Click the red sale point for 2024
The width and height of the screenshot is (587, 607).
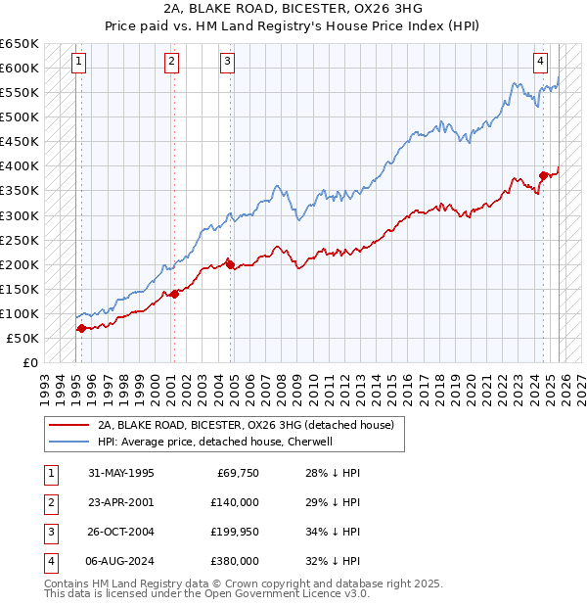pyautogui.click(x=543, y=176)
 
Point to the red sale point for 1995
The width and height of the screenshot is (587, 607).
pyautogui.click(x=81, y=328)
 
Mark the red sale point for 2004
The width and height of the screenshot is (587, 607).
pyautogui.click(x=230, y=264)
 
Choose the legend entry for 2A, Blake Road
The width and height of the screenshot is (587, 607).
pyautogui.click(x=245, y=425)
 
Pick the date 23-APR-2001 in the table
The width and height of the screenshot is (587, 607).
pyautogui.click(x=121, y=502)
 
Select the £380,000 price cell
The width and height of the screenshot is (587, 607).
pyautogui.click(x=235, y=561)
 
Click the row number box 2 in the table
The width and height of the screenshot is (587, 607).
pyautogui.click(x=49, y=502)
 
